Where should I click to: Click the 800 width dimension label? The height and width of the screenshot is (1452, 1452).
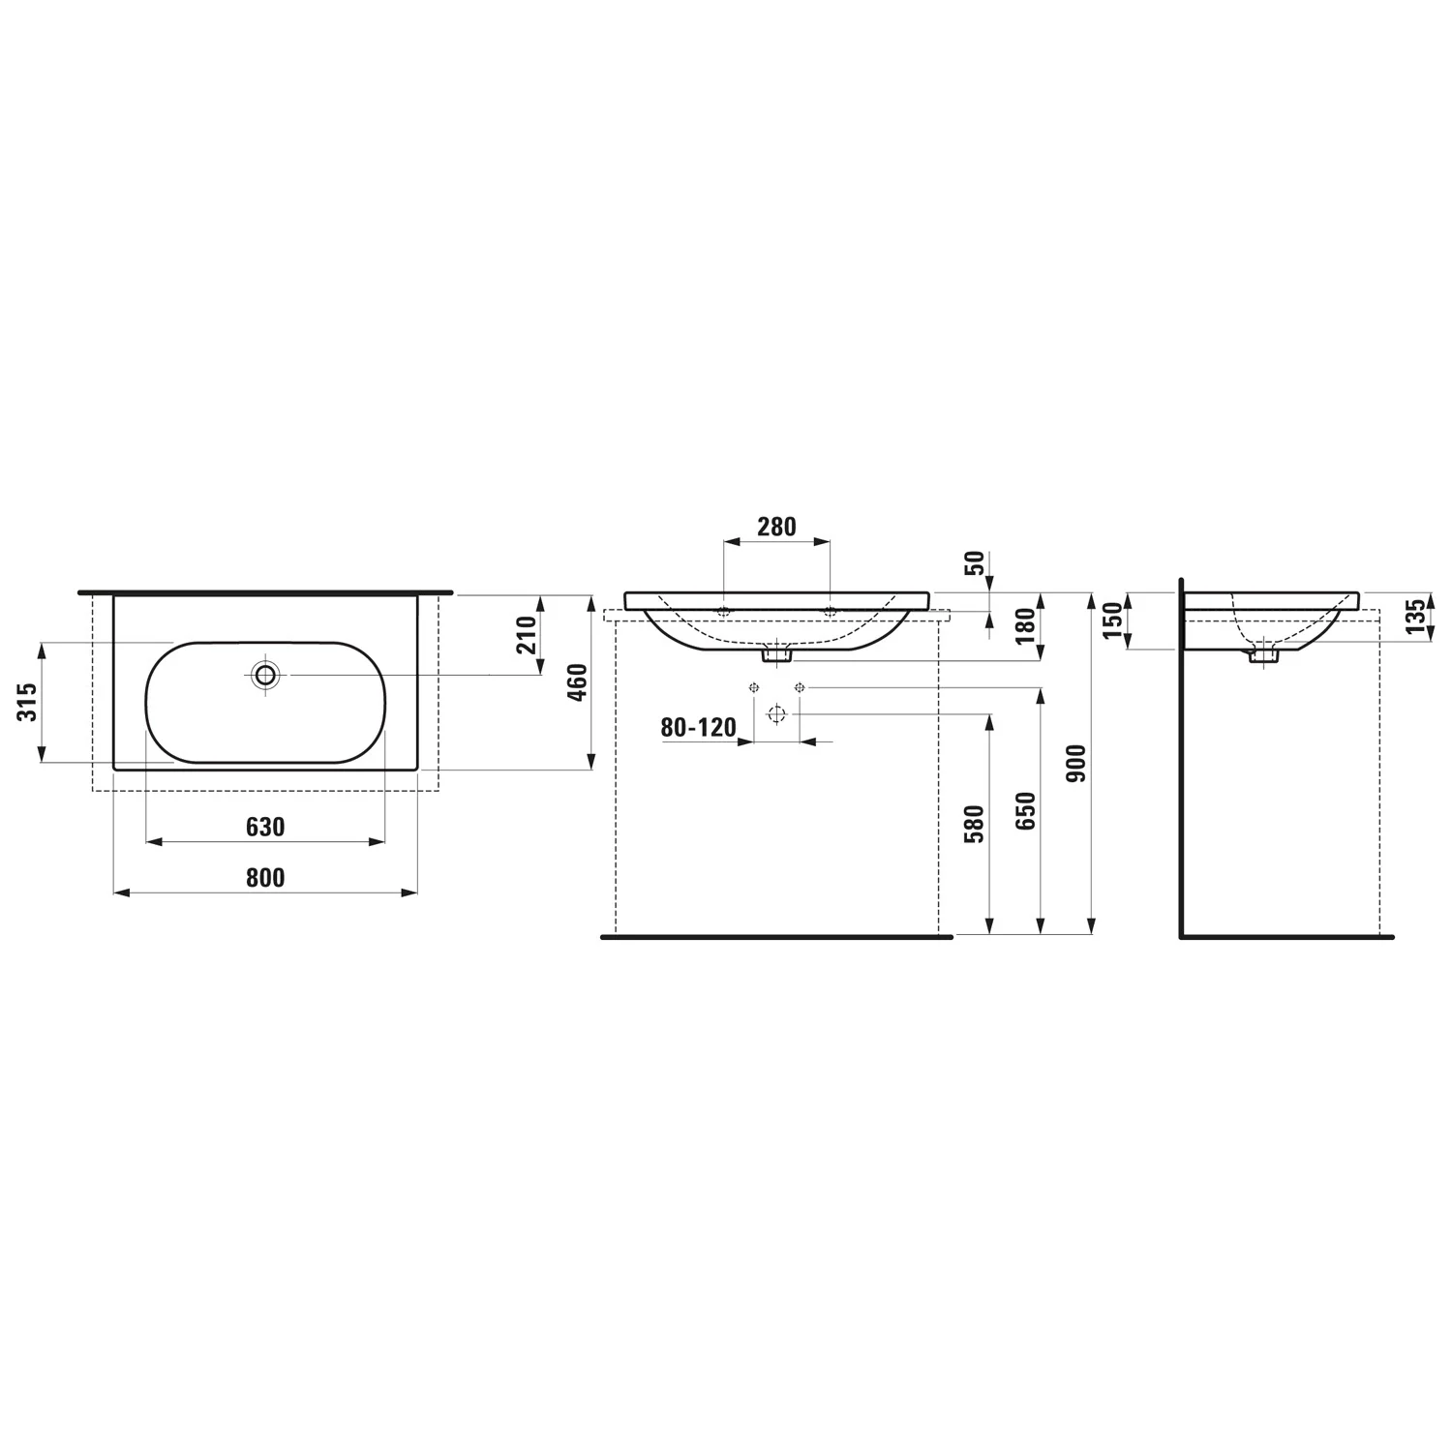pos(265,877)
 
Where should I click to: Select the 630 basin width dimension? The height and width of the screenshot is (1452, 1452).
pos(265,827)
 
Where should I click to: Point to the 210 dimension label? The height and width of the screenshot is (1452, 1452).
pos(527,635)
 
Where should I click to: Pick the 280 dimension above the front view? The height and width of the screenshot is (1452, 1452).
pos(776,527)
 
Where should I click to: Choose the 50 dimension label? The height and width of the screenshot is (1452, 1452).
pos(976,563)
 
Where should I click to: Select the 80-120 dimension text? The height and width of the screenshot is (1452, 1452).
pos(699,727)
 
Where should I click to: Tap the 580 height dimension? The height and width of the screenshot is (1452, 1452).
pos(976,824)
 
